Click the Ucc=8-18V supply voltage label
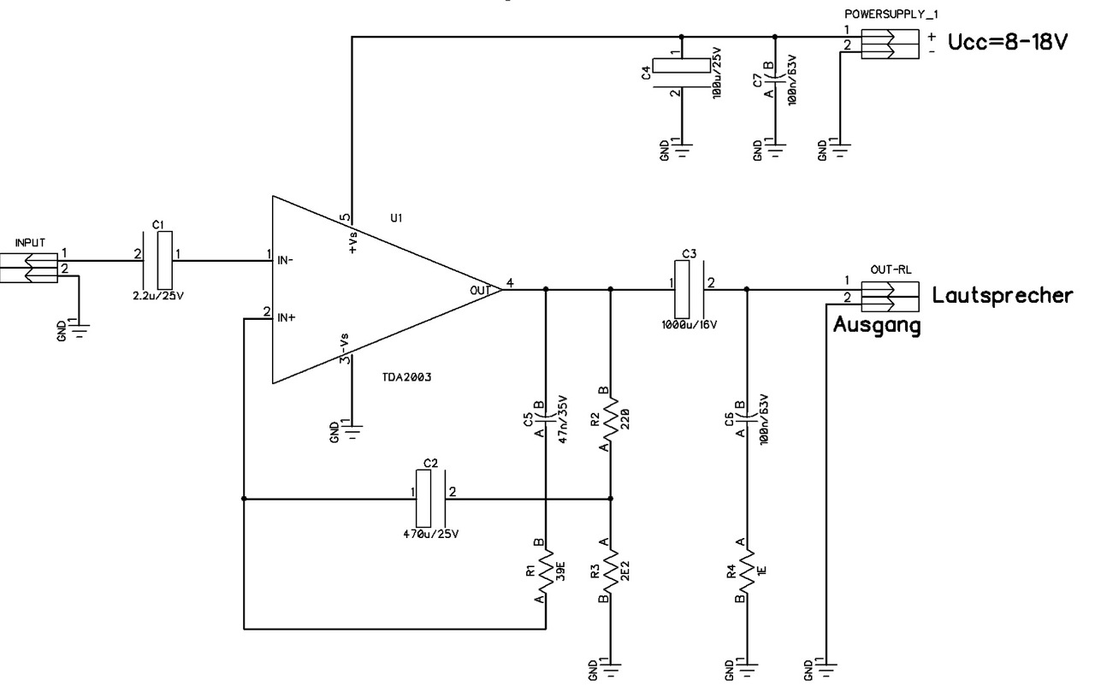(x=1008, y=43)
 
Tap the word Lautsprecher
(x=1002, y=296)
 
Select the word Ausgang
(x=877, y=325)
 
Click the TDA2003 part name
(x=406, y=377)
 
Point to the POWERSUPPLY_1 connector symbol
(x=890, y=44)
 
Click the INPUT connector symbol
(x=29, y=268)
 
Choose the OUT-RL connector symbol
(x=890, y=297)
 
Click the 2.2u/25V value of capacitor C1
(x=158, y=296)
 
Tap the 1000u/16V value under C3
(x=690, y=325)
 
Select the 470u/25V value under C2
(x=430, y=534)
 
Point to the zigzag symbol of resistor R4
(x=747, y=571)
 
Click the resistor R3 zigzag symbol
(x=611, y=571)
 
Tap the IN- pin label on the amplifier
(x=286, y=260)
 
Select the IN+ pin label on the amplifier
(x=287, y=317)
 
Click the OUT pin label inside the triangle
(x=480, y=291)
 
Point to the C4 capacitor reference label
(x=646, y=74)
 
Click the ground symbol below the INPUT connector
(x=80, y=331)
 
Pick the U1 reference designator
(x=396, y=218)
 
